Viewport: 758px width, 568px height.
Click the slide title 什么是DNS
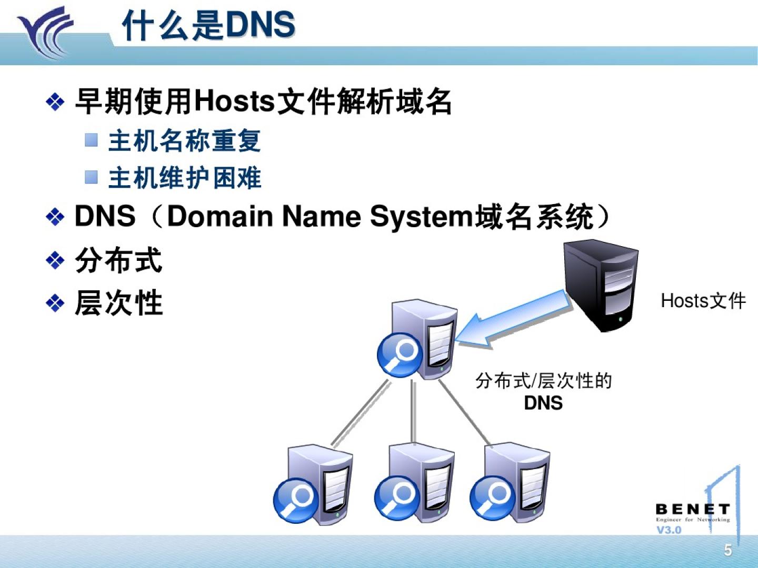pyautogui.click(x=208, y=25)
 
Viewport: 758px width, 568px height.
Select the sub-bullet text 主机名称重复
pyautogui.click(x=184, y=141)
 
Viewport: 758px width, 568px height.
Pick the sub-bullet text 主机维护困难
pyautogui.click(x=184, y=178)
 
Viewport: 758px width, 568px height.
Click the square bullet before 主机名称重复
pyautogui.click(x=92, y=140)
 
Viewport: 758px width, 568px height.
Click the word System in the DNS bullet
pyautogui.click(x=421, y=216)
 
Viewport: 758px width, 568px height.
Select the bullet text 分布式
pyautogui.click(x=118, y=260)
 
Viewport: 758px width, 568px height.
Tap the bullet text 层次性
pyautogui.click(x=118, y=303)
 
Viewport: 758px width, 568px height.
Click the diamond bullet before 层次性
pyautogui.click(x=55, y=303)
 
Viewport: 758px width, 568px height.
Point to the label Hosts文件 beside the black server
pyautogui.click(x=703, y=301)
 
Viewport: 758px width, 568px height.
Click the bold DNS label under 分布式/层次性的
pyautogui.click(x=543, y=403)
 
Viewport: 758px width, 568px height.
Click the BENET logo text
pyautogui.click(x=692, y=509)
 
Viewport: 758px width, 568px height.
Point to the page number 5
pyautogui.click(x=728, y=550)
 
